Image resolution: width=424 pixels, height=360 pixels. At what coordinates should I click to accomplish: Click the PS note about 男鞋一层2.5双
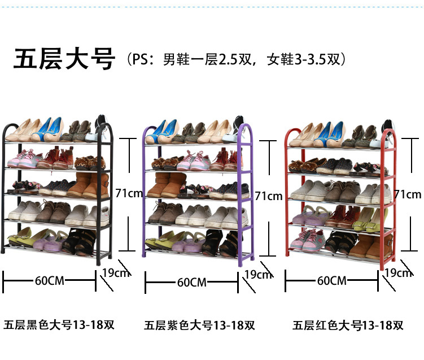pyautogui.click(x=237, y=58)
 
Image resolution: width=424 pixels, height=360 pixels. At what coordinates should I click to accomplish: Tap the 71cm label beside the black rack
pyautogui.click(x=129, y=193)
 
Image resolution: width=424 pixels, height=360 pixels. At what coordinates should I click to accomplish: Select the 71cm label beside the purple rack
pyautogui.click(x=268, y=196)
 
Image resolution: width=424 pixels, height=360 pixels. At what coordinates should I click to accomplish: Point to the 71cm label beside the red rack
pyautogui.click(x=408, y=194)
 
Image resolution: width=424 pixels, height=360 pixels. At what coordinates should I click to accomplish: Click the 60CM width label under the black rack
pyautogui.click(x=49, y=280)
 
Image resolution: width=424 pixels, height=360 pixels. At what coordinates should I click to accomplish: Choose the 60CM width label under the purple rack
pyautogui.click(x=192, y=282)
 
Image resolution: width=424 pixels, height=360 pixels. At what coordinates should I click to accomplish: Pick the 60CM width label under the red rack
pyautogui.click(x=331, y=280)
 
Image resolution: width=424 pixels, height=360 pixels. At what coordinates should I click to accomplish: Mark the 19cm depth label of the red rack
pyautogui.click(x=398, y=273)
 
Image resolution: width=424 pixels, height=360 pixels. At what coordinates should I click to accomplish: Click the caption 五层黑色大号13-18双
pyautogui.click(x=59, y=325)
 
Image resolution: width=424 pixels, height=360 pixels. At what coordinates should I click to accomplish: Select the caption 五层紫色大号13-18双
pyautogui.click(x=199, y=326)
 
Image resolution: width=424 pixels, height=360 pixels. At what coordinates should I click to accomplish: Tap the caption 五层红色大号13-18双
pyautogui.click(x=348, y=326)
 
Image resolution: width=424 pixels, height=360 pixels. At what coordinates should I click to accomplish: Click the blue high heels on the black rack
pyautogui.click(x=49, y=129)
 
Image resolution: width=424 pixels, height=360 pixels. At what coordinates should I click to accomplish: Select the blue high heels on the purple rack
pyautogui.click(x=163, y=131)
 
